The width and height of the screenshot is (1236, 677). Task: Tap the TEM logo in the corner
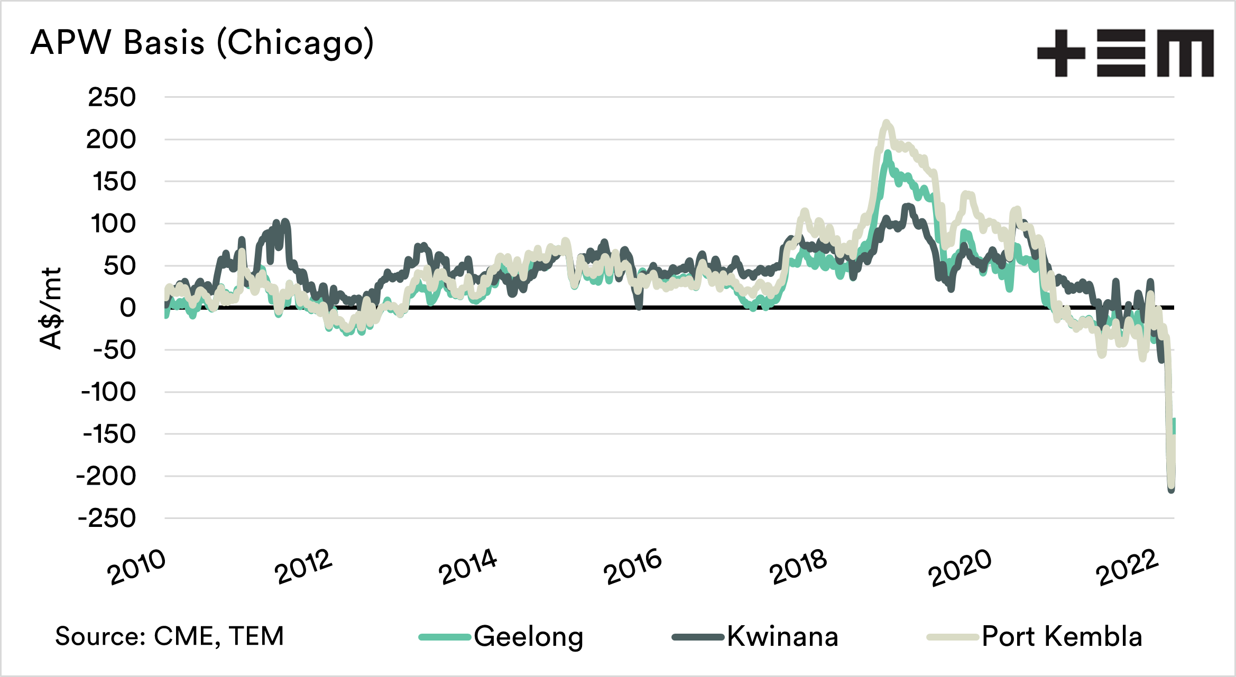coord(1125,53)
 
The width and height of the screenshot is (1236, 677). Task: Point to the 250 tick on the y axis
coord(112,98)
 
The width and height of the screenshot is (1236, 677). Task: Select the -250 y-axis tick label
coord(107,518)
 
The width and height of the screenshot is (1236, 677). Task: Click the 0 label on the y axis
coord(127,308)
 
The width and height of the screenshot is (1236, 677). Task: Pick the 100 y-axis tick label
coord(113,224)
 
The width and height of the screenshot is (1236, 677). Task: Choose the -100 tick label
coord(108,392)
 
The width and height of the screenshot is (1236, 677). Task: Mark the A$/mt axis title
coord(51,308)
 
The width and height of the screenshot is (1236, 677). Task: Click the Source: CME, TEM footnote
coord(169,636)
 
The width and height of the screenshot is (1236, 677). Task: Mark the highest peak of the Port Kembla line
coord(887,123)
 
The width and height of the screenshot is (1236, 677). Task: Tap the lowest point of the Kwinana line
coord(1171,490)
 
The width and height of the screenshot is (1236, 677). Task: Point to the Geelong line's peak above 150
coord(888,153)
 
